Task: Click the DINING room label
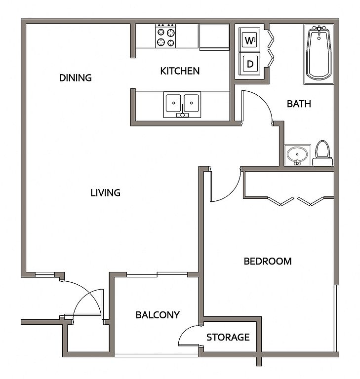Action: tap(75, 78)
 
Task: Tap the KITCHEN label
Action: tap(180, 71)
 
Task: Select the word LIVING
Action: tap(105, 192)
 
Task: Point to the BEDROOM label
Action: tap(268, 261)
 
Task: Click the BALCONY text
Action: tap(158, 315)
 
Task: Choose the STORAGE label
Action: tap(228, 337)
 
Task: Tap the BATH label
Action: tap(299, 104)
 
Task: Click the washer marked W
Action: tap(249, 39)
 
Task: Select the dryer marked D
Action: tap(249, 64)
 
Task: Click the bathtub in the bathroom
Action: tap(319, 54)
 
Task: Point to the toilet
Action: tap(323, 153)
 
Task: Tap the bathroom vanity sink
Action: tap(297, 154)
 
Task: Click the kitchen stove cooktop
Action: tap(165, 36)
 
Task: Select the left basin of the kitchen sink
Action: tap(173, 103)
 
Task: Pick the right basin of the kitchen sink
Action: tap(192, 103)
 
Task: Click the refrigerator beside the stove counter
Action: tap(214, 37)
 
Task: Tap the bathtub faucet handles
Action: tap(319, 29)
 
